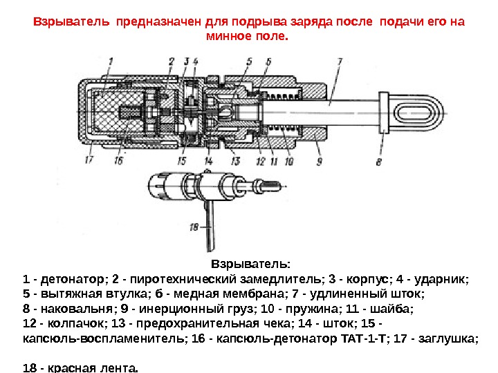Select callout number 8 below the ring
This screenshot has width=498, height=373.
tap(378, 163)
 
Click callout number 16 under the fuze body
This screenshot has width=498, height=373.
tap(118, 161)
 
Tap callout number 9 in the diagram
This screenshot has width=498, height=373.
tap(319, 162)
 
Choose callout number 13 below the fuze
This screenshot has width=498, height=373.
tap(235, 161)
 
